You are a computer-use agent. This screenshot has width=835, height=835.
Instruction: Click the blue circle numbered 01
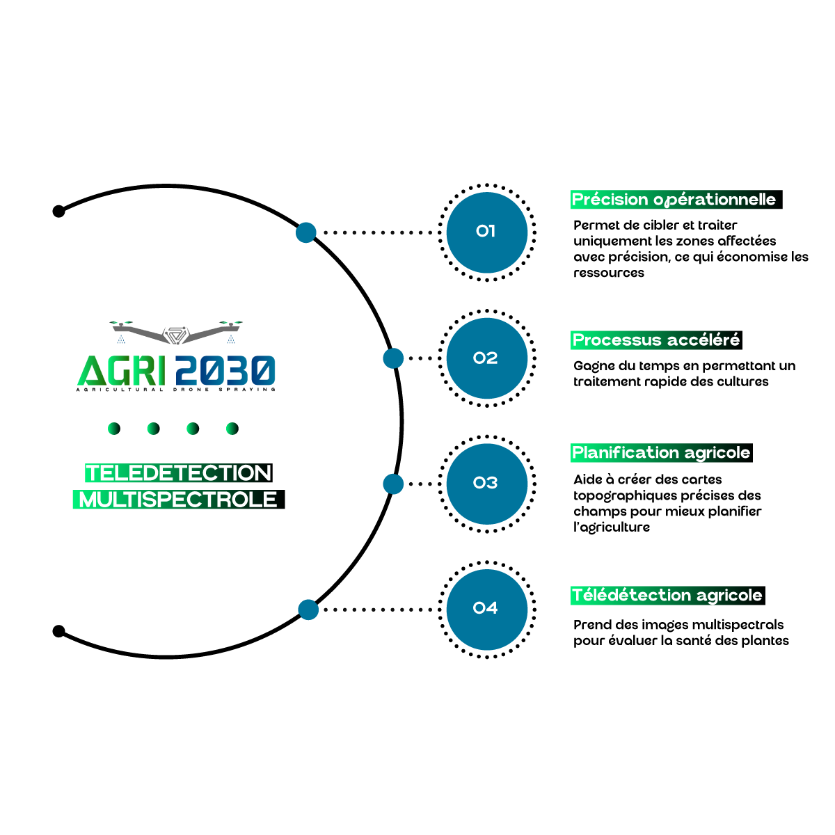[487, 232]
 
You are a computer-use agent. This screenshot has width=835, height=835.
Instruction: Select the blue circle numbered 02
[487, 358]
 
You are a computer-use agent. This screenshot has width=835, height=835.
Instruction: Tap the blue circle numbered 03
[487, 484]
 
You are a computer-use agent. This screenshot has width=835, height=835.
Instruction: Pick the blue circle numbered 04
[487, 610]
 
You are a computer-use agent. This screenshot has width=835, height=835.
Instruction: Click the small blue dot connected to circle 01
[306, 232]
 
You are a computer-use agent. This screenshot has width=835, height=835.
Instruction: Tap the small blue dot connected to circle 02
[393, 358]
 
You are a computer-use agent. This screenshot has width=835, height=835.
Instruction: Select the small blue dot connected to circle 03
[393, 484]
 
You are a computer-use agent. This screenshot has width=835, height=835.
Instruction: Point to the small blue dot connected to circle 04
[308, 610]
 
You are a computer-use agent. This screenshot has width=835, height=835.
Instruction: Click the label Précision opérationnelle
[674, 200]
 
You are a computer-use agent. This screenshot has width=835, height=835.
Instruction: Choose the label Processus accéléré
[655, 340]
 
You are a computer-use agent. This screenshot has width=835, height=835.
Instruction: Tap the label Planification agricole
[661, 453]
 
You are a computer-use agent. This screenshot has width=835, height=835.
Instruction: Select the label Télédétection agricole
[667, 596]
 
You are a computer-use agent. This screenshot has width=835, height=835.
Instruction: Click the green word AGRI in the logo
[121, 370]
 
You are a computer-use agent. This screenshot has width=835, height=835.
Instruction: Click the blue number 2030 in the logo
[225, 370]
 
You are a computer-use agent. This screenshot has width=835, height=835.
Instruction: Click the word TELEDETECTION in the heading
[178, 473]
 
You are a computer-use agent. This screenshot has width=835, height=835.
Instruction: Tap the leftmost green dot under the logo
[113, 429]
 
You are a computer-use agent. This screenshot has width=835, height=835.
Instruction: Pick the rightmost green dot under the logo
[232, 429]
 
